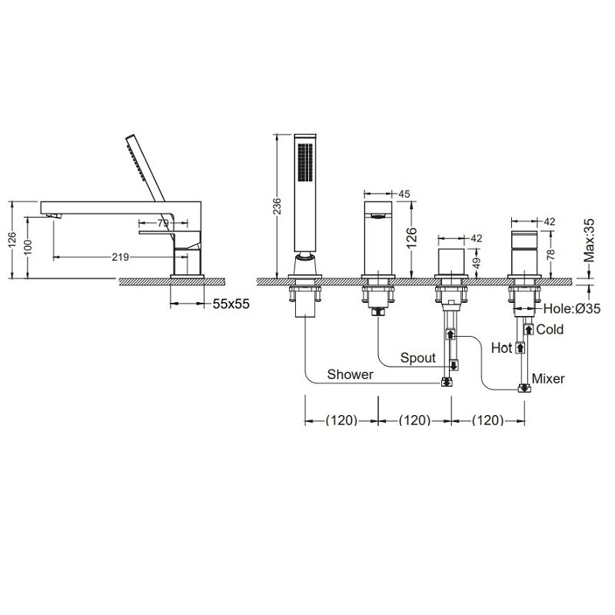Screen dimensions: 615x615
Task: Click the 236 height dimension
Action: pyautogui.click(x=277, y=206)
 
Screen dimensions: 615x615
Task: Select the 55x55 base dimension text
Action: pyautogui.click(x=231, y=304)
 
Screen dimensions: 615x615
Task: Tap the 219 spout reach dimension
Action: pyautogui.click(x=121, y=258)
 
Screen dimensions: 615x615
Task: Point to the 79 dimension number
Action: pyautogui.click(x=163, y=223)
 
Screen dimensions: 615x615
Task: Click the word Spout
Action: pyautogui.click(x=418, y=357)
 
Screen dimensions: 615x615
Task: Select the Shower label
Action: pyautogui.click(x=351, y=374)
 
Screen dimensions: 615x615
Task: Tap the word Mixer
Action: pyautogui.click(x=548, y=379)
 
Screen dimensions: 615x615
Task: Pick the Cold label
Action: pyautogui.click(x=550, y=330)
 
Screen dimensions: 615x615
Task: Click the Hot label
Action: pyautogui.click(x=502, y=348)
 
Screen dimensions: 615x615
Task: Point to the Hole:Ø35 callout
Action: pyautogui.click(x=571, y=309)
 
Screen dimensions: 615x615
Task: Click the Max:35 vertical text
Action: pyautogui.click(x=589, y=241)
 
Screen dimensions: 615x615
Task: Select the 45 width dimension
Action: pyautogui.click(x=404, y=194)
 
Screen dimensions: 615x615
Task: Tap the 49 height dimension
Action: pyautogui.click(x=477, y=263)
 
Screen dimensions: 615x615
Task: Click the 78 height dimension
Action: pyautogui.click(x=551, y=255)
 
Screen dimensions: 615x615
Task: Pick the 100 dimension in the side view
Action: pyautogui.click(x=28, y=248)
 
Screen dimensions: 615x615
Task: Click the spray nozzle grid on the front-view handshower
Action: pyautogui.click(x=305, y=162)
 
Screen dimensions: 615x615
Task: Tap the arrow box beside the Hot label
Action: pyautogui.click(x=520, y=348)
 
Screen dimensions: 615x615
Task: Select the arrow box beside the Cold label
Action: pyautogui.click(x=529, y=329)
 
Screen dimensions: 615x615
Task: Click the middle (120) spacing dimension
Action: pyautogui.click(x=414, y=421)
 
